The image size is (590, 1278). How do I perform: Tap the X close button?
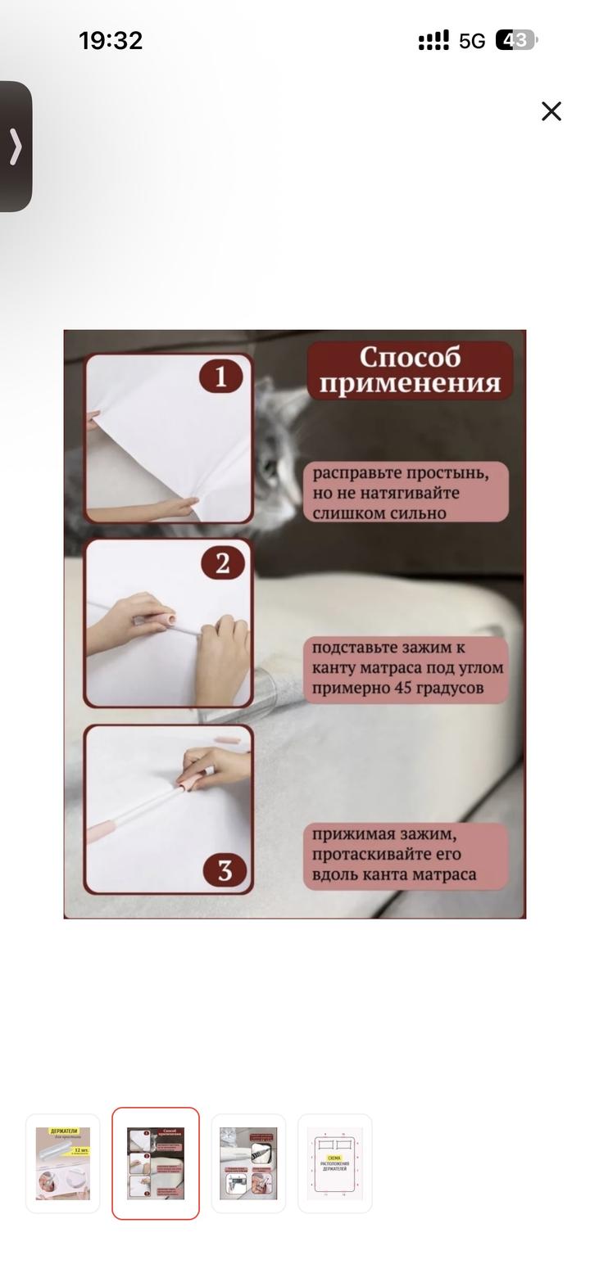[x=551, y=111]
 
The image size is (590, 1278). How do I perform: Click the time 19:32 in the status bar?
[x=111, y=40]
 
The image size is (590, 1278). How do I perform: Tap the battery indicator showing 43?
[x=515, y=40]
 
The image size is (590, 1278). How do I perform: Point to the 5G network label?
[x=472, y=41]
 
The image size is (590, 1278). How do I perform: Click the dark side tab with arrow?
[x=16, y=147]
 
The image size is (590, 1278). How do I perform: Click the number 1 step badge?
[x=221, y=377]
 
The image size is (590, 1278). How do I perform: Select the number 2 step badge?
[x=222, y=563]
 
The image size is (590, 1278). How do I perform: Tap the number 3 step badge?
[x=225, y=870]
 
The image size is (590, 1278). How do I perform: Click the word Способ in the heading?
[x=410, y=357]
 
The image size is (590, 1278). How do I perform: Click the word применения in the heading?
[x=410, y=382]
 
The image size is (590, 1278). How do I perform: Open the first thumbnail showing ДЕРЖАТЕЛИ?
[x=63, y=1163]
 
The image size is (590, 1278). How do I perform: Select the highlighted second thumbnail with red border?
[x=156, y=1163]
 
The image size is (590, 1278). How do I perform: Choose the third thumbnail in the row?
[x=248, y=1163]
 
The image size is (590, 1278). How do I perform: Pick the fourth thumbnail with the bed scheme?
[x=334, y=1163]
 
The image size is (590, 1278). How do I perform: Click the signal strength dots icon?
[x=433, y=40]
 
